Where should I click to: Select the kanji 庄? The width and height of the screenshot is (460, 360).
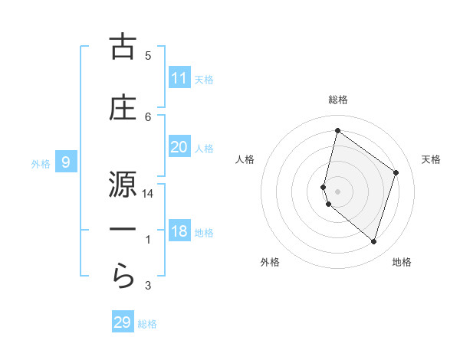[x=123, y=108]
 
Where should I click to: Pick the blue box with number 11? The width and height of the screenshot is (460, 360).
[x=179, y=78]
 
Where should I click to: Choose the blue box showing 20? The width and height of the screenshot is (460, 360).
[x=179, y=147]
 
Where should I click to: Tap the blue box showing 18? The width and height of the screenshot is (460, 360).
[x=179, y=231]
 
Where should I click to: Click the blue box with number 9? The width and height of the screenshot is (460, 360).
[x=67, y=162]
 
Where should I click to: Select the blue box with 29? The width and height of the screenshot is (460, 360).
[x=123, y=322]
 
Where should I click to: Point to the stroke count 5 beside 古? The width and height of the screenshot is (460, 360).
[x=148, y=55]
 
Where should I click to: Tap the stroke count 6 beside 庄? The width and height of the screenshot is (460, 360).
[x=148, y=116]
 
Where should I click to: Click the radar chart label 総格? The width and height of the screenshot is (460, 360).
[x=337, y=100]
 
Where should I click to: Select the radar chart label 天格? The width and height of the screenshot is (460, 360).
[x=431, y=159]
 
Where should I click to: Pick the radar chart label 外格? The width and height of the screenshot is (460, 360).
[x=270, y=262]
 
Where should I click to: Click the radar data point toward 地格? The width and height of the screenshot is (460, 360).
[x=373, y=242]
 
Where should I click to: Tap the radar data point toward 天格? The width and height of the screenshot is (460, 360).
[x=396, y=172]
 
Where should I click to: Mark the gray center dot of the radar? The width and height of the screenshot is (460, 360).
[x=337, y=191]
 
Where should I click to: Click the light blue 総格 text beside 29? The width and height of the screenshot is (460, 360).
[x=148, y=324]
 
